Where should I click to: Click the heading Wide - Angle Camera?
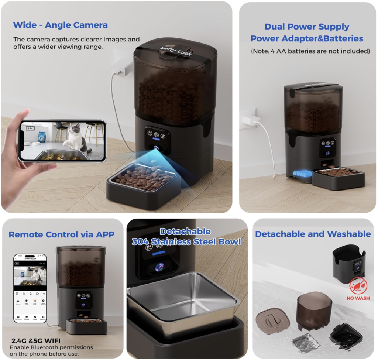(60, 25)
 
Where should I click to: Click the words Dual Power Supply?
(307, 27)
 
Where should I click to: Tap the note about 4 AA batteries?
(310, 51)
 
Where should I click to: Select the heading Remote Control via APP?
(61, 234)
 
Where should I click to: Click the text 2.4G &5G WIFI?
(35, 340)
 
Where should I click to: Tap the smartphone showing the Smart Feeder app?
(30, 288)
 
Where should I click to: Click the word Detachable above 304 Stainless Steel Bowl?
(185, 232)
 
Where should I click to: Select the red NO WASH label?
(358, 298)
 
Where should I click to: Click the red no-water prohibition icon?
(358, 287)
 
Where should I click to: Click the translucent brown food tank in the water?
(314, 309)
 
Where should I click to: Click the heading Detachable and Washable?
(313, 234)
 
